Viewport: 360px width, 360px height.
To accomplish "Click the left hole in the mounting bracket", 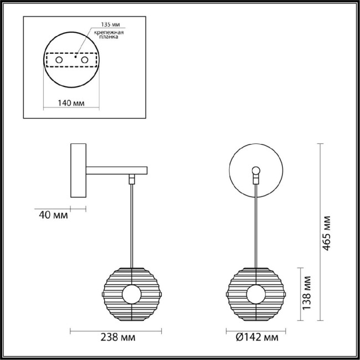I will pyautogui.click(x=58, y=59).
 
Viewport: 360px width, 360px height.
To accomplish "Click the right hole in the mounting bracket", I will pyautogui.click(x=84, y=59).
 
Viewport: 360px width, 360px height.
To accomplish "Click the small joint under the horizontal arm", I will pyautogui.click(x=132, y=179).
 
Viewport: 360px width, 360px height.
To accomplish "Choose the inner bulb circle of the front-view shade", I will pyautogui.click(x=255, y=294).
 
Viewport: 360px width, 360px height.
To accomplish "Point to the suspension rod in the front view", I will pyautogui.click(x=255, y=227).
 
